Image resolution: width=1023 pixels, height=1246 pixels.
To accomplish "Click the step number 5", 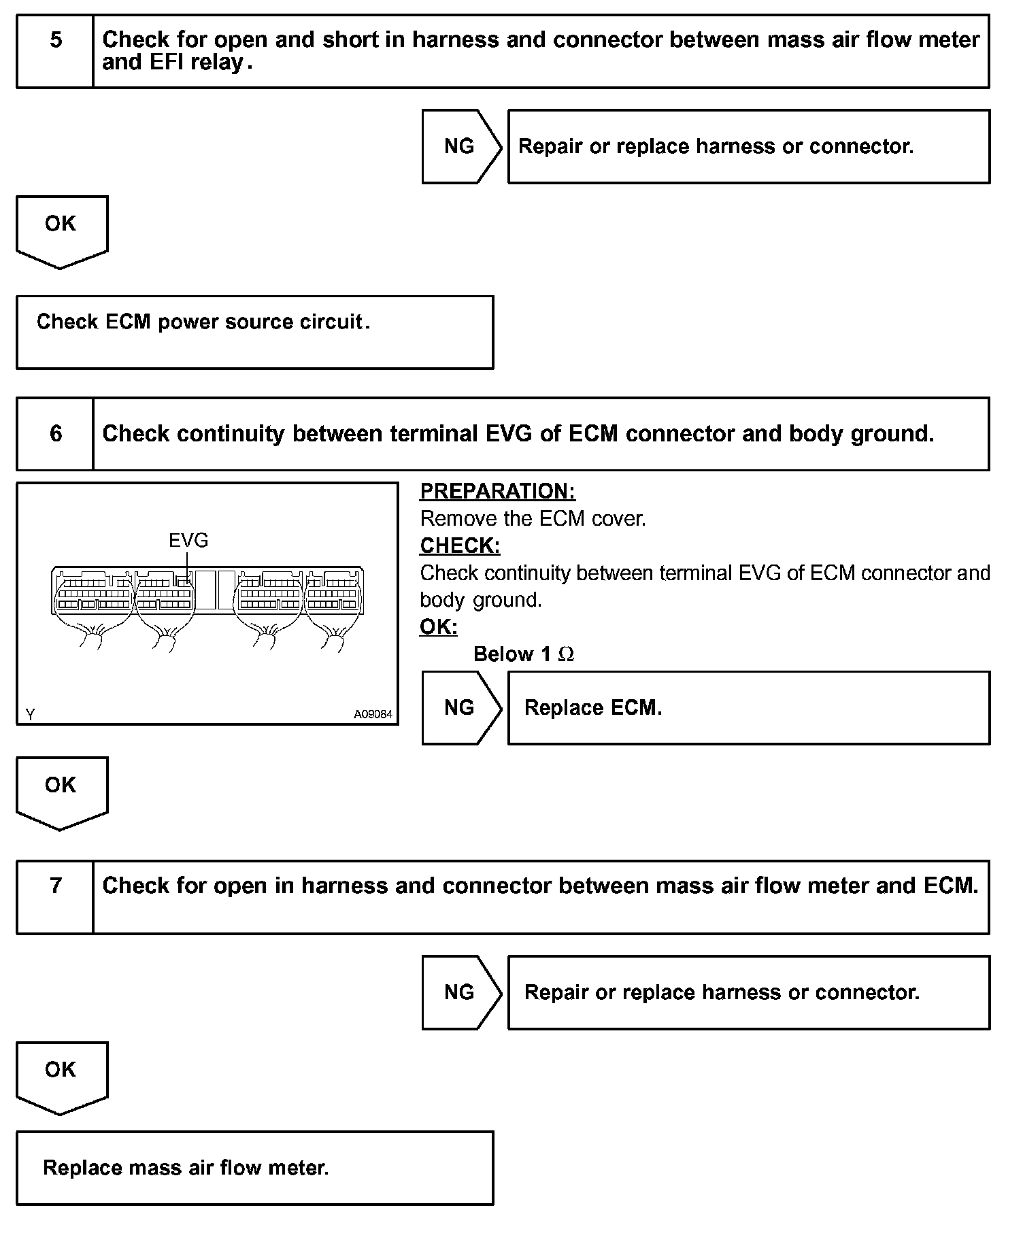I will point(56,40).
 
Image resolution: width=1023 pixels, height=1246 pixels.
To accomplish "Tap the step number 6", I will point(56,434).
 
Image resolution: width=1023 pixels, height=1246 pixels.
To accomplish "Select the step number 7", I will point(56,886).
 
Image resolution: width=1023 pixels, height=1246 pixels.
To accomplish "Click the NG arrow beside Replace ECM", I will point(460,708).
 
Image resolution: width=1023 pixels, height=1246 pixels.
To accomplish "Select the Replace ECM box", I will point(748,708).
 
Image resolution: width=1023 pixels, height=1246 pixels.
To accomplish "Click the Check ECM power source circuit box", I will point(254,332).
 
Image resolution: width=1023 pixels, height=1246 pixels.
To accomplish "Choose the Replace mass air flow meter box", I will point(254,1168).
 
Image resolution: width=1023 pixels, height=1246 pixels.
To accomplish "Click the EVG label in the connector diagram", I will point(188,541).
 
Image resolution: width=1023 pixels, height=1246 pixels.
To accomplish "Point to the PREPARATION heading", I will point(497,491).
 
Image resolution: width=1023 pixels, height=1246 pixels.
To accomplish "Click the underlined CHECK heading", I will point(460,545).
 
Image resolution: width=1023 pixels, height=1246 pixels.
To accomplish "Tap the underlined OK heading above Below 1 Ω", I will point(438,626).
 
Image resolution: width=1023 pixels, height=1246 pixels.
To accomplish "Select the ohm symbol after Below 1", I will point(566,654).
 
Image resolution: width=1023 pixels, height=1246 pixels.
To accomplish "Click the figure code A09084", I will point(373,714).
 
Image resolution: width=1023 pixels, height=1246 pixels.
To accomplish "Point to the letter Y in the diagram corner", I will point(31,714).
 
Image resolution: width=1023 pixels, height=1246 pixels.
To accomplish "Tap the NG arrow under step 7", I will point(460,992).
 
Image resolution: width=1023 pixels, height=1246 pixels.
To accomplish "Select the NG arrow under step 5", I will point(460,146).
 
